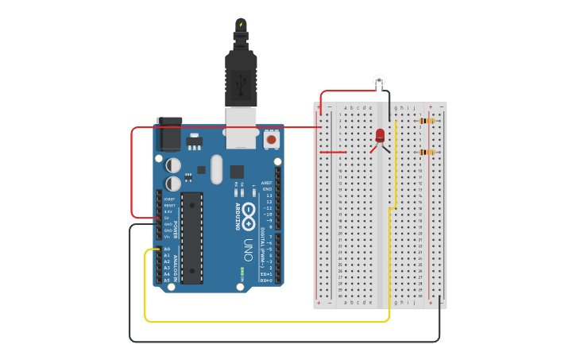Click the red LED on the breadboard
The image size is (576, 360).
pos(380,135)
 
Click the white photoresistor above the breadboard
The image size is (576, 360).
pos(379,80)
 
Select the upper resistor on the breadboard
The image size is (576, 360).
pos(427,121)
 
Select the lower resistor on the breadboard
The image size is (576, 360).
pos(427,152)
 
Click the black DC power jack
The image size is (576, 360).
pos(169,135)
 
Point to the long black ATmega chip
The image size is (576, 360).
pos(191,238)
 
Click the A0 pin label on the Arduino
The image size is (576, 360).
pos(167,249)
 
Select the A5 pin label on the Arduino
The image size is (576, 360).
pos(167,281)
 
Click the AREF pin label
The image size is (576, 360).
pos(267,183)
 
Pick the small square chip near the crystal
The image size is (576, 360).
pos(237,172)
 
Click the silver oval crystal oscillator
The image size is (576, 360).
pos(216,169)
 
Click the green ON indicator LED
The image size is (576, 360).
pos(242,271)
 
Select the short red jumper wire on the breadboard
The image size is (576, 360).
pos(333,152)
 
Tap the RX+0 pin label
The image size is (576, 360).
pos(267,281)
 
